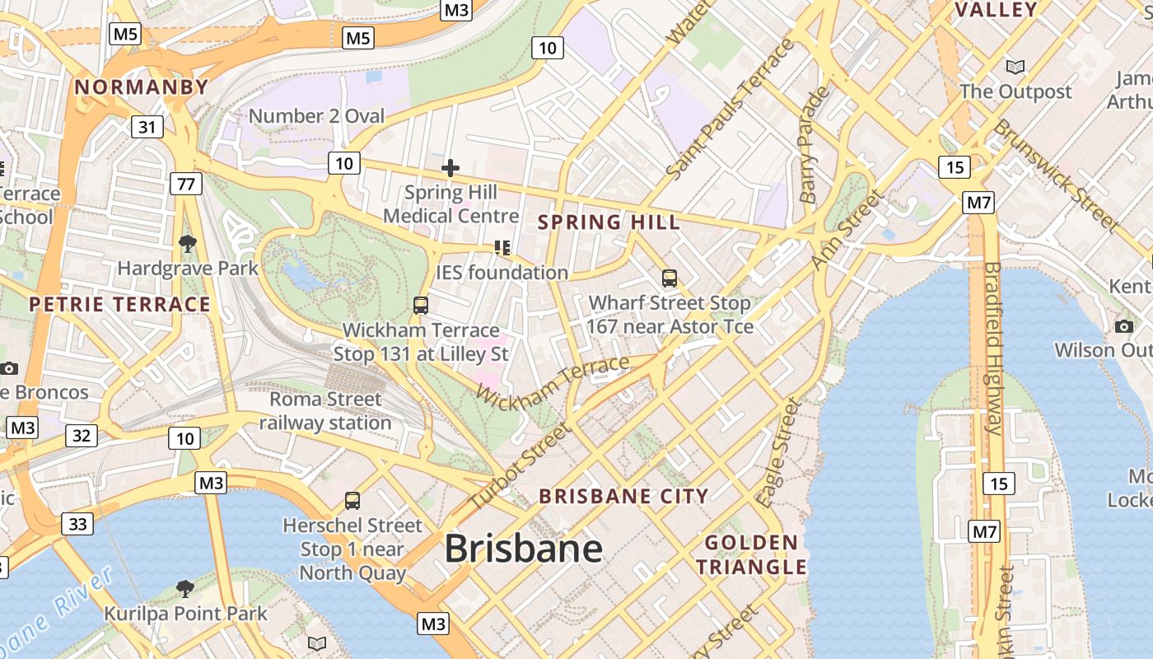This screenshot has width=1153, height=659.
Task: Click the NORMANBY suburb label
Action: pos(142,86)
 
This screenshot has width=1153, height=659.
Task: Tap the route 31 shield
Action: pos(147,127)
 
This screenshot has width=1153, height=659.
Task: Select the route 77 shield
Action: pos(186,183)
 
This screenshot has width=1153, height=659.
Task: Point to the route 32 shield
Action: pos(81,435)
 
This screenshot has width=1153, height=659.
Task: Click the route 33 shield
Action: pos(77,523)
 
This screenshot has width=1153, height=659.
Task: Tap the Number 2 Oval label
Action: pos(316,116)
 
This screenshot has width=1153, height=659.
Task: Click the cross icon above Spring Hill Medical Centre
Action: pos(450,169)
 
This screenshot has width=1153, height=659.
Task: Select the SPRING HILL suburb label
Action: pos(609,222)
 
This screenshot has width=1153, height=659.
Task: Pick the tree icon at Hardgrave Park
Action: pos(188,243)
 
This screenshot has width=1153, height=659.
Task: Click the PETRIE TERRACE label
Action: pos(120,305)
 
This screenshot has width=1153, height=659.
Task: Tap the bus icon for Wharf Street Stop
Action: pos(670,278)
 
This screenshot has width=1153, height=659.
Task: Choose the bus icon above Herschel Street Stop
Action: pos(352,500)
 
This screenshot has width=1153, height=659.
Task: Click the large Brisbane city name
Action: pos(524,549)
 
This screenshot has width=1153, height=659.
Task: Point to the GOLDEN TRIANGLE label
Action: pos(752,554)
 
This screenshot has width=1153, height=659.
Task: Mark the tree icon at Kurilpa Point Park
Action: pos(185,588)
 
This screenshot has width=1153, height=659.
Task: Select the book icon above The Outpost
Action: pos(1015,67)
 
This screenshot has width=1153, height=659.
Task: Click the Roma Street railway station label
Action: pos(326,411)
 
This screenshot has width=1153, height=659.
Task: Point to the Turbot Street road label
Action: pos(519,466)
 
